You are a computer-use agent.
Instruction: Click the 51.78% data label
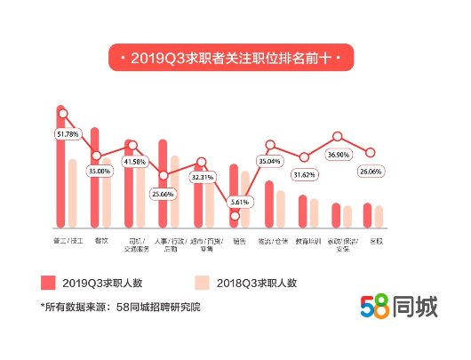68,134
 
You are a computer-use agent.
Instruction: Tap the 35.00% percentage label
100,171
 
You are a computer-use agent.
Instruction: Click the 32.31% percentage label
204,177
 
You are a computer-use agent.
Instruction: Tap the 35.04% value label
269,162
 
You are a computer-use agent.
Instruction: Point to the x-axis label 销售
237,240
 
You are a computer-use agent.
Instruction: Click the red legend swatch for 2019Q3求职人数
48,283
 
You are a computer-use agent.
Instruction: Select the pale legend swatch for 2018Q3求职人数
202,283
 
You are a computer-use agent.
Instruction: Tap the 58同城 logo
398,307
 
